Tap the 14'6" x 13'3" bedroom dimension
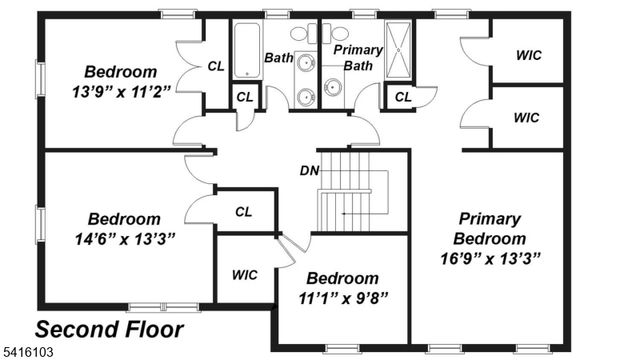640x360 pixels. tap(124, 239)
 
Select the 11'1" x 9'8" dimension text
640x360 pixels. tap(342, 297)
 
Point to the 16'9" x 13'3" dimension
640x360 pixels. tap(490, 258)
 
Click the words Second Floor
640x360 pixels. tap(109, 329)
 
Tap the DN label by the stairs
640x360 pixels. tap(309, 170)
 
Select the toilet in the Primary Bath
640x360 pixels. tap(340, 32)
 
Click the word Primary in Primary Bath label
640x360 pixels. tap(357, 49)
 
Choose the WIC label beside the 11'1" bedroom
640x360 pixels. tap(244, 273)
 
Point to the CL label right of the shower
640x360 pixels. tap(402, 97)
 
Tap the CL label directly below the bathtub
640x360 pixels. tap(243, 97)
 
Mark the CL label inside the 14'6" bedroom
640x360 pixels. tap(243, 211)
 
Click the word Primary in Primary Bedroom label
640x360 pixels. tap(489, 219)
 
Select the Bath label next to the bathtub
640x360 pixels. tap(279, 58)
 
